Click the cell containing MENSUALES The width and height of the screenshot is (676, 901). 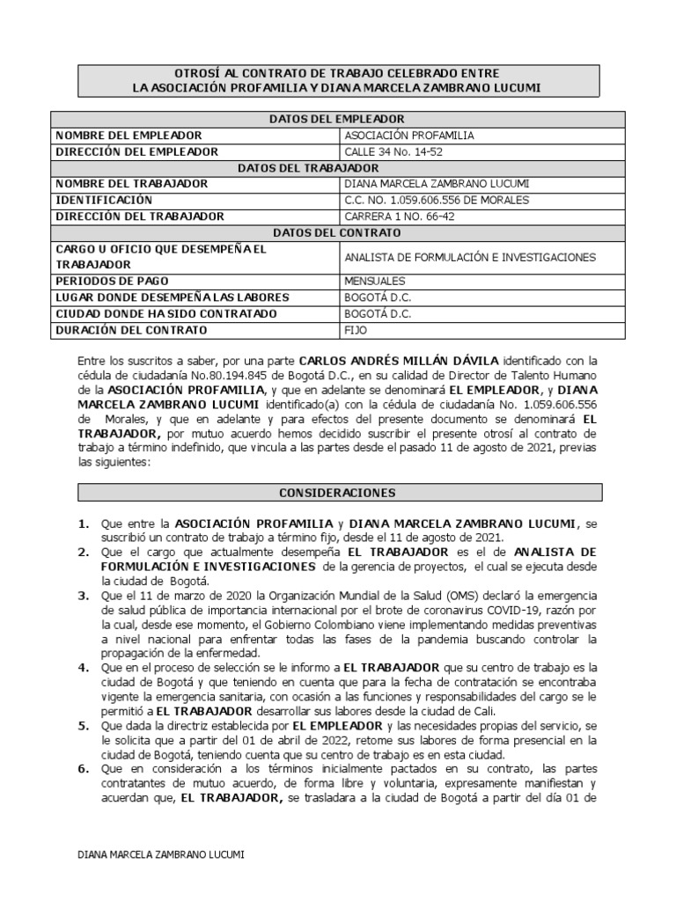tap(375, 282)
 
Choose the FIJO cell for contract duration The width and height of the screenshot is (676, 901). tap(356, 330)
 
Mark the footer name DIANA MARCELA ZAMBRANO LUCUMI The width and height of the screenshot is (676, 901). tap(161, 854)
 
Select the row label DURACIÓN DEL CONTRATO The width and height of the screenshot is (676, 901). tap(132, 330)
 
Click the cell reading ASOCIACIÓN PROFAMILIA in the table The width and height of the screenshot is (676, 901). tap(408, 136)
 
